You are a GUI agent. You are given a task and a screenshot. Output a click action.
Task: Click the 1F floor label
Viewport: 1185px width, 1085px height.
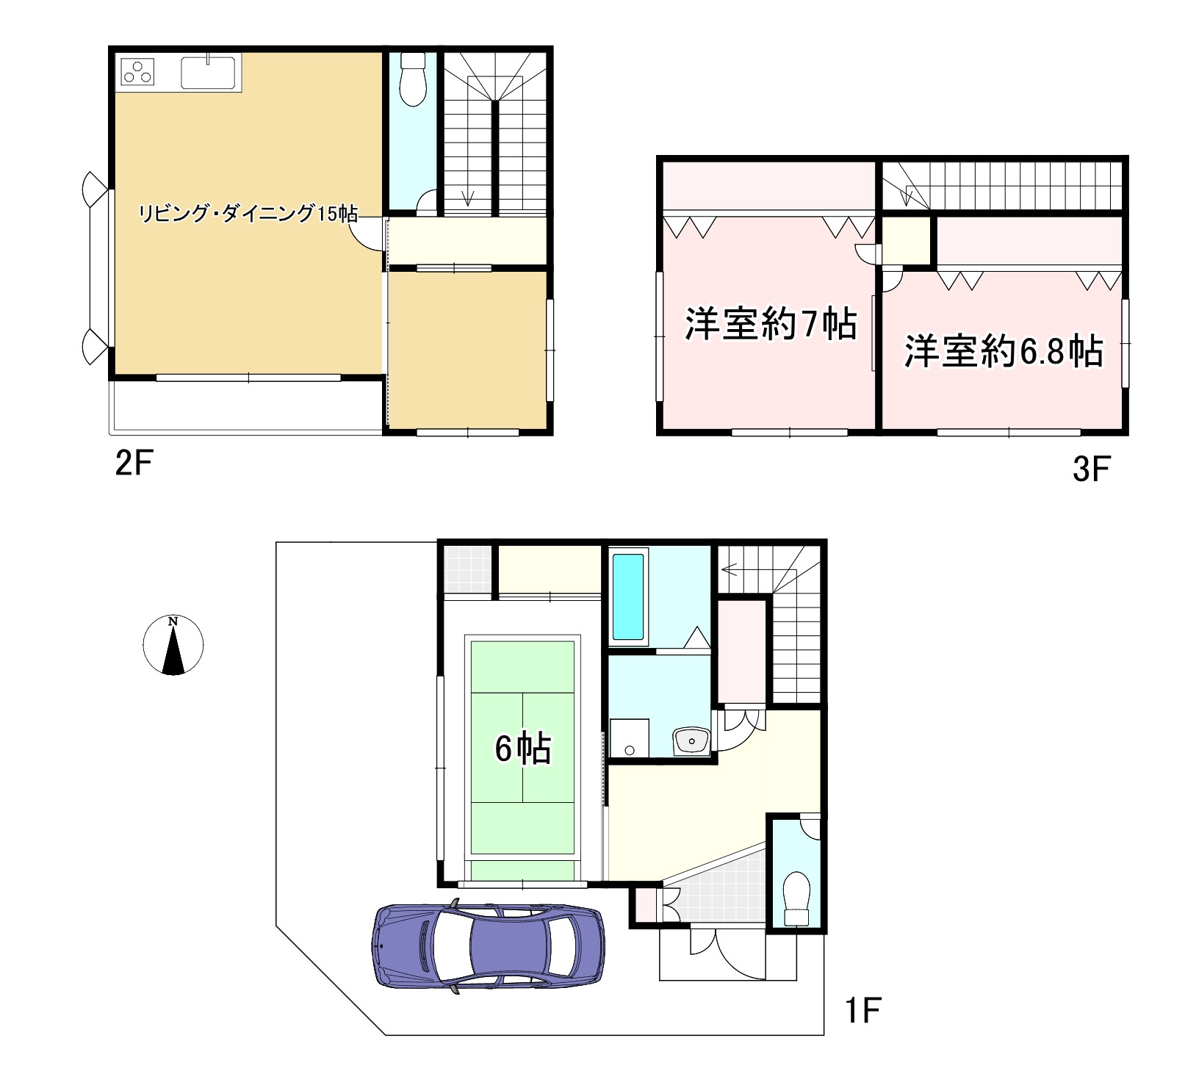(862, 1011)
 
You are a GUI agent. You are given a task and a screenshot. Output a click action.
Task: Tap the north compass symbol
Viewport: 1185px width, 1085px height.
(173, 645)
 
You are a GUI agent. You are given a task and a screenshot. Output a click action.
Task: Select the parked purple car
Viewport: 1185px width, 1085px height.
(489, 948)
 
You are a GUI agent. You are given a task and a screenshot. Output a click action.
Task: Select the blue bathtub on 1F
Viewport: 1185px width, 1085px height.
(628, 596)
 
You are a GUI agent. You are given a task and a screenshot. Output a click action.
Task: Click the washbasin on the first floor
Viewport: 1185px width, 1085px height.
(691, 741)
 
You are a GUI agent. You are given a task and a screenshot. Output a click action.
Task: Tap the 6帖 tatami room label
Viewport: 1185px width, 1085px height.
(522, 749)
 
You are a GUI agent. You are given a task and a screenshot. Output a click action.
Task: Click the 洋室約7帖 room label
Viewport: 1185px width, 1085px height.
(770, 324)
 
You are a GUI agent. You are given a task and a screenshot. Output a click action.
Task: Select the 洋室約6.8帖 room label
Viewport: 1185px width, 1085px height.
(1003, 351)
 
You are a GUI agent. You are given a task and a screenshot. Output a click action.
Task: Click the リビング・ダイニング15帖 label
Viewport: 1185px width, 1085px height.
(248, 214)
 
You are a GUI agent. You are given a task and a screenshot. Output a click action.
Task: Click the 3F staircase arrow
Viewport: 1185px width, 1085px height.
(907, 194)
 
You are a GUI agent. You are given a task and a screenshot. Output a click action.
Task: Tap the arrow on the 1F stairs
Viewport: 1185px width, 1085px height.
(730, 569)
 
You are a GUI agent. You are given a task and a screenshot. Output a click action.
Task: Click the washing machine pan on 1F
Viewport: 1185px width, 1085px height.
(630, 738)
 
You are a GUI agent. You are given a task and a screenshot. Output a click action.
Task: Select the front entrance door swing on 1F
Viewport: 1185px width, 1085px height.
(738, 955)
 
